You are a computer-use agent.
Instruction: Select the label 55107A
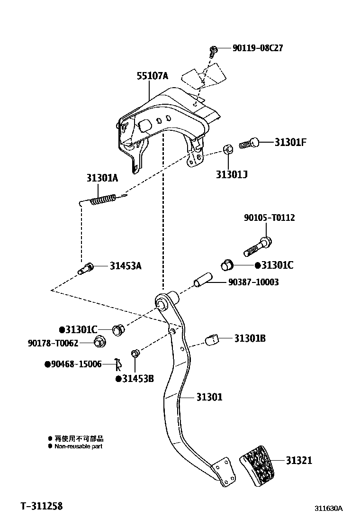153,76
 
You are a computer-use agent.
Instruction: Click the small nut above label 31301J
227,150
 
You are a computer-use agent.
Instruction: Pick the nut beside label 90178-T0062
99,341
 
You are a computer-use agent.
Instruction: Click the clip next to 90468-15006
118,364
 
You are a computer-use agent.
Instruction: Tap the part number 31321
299,460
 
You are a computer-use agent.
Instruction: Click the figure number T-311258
42,506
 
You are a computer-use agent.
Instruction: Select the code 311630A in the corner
328,509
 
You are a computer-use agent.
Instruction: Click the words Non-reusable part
78,446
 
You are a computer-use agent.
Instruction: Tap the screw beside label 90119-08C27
214,50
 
